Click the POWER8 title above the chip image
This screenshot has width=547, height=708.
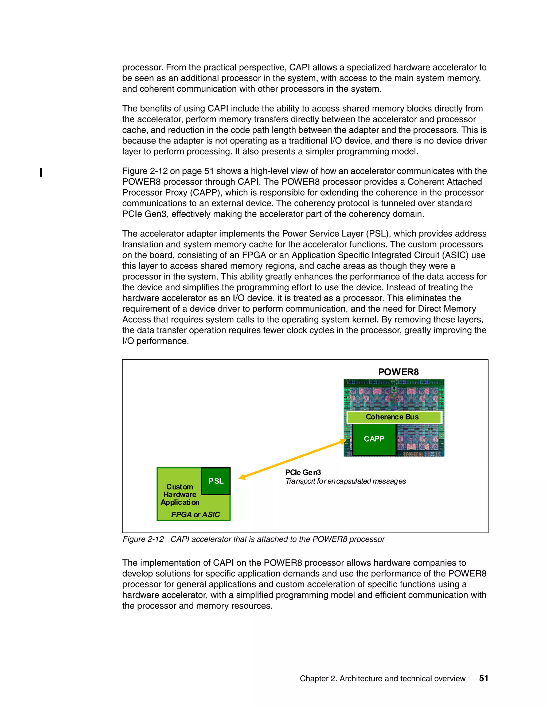coord(398,372)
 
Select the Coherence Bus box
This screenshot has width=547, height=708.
coord(393,417)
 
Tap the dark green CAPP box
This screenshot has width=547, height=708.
coord(374,439)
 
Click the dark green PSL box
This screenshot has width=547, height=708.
coord(216,481)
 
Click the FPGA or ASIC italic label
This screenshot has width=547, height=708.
coord(196,515)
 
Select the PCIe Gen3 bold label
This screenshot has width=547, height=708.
coord(303,473)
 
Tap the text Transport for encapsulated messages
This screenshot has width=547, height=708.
coord(345,481)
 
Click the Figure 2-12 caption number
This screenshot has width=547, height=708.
coord(143,539)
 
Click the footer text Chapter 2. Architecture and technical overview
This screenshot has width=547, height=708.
coord(382,679)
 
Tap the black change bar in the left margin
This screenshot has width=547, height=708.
coord(41,173)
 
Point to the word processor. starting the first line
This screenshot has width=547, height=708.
coord(143,67)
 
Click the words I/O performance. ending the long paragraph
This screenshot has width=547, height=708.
coord(155,341)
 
